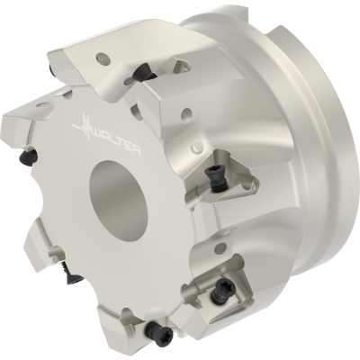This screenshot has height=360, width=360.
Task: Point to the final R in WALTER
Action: click(137, 149)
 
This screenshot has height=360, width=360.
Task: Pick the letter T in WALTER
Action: click(120, 142)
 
